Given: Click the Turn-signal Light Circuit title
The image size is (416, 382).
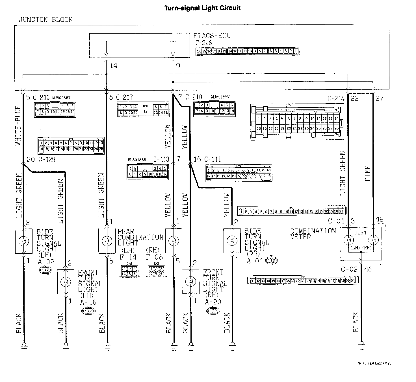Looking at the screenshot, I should pyautogui.click(x=202, y=8).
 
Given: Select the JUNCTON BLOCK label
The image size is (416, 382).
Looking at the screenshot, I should pyautogui.click(x=45, y=20).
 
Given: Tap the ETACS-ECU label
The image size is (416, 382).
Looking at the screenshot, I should pyautogui.click(x=212, y=36).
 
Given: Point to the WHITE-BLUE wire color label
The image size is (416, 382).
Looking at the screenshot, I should pyautogui.click(x=18, y=125).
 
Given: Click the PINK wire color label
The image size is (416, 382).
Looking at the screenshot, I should pyautogui.click(x=368, y=173).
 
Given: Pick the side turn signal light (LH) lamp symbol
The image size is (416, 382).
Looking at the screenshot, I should pyautogui.click(x=23, y=241).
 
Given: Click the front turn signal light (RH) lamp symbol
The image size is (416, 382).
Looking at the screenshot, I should pyautogui.click(x=191, y=282).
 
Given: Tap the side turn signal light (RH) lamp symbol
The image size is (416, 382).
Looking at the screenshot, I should pyautogui.click(x=232, y=240).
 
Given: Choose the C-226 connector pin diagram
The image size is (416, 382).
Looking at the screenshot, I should pyautogui.click(x=247, y=51).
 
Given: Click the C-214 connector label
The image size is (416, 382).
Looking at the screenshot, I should pyautogui.click(x=336, y=98).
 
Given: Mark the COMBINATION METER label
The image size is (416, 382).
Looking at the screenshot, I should pyautogui.click(x=313, y=234).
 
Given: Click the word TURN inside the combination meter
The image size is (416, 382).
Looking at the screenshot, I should pyautogui.click(x=360, y=233).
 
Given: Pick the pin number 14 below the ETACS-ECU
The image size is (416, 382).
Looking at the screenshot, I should pyautogui.click(x=114, y=65).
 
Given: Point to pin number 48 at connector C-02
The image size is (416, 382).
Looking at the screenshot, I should pyautogui.click(x=368, y=269).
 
